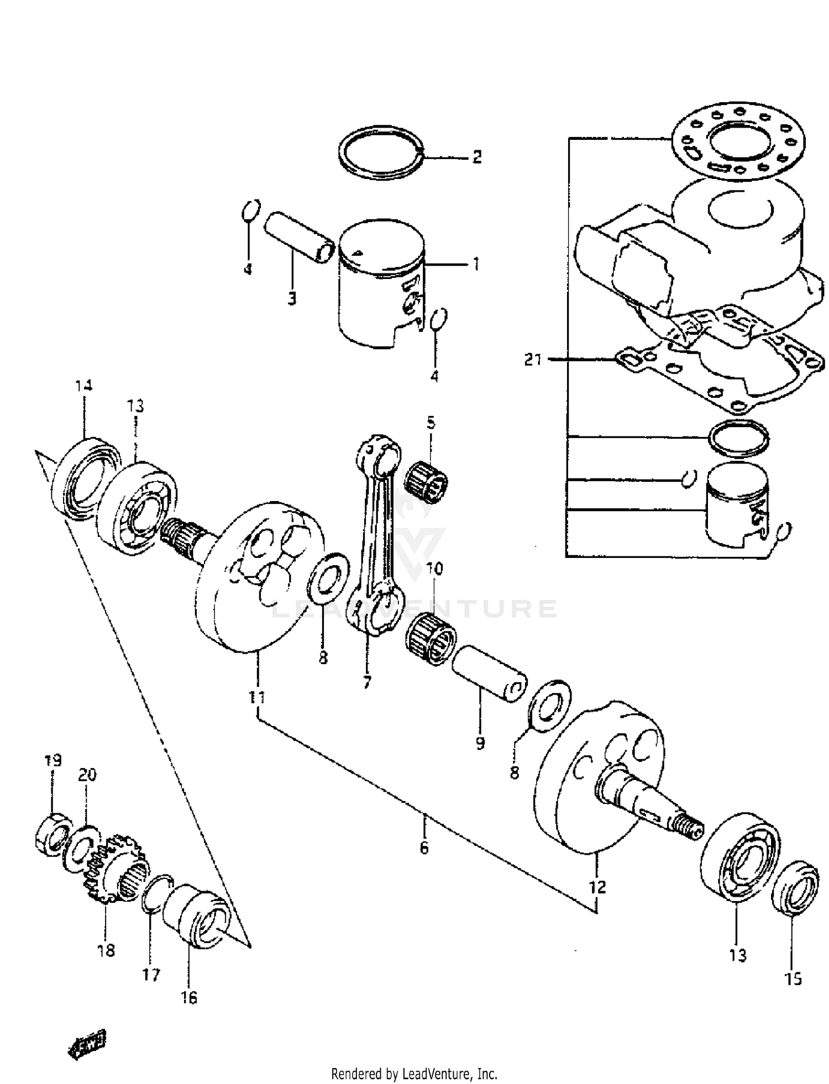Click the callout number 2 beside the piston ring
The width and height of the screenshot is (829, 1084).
click(476, 157)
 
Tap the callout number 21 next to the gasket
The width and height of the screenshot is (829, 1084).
click(533, 360)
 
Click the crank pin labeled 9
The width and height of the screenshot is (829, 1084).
click(490, 673)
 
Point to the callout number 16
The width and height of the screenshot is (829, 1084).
click(189, 998)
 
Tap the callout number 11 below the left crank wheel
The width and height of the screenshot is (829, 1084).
click(257, 697)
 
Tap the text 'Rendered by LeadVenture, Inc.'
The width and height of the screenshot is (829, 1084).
click(414, 1074)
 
